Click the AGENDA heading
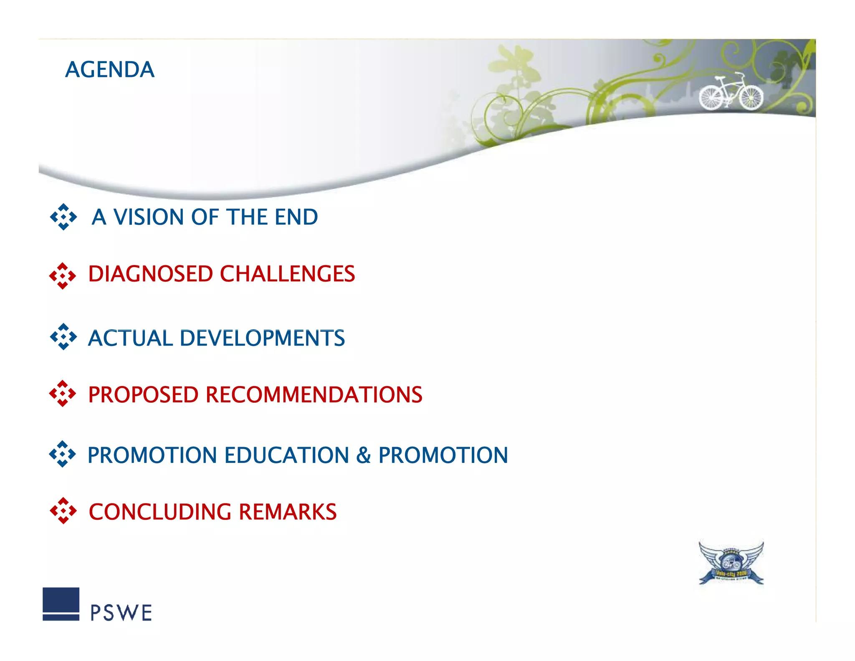pos(110,69)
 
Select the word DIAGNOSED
pos(150,274)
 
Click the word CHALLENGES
pos(287,274)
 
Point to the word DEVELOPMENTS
pos(262,338)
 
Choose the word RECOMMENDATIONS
pos(314,395)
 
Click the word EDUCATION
pos(287,455)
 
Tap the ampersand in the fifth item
pos(363,455)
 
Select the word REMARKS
pos(288,512)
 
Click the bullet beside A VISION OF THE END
pos(63,217)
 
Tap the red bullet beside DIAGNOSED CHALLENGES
pos(63,276)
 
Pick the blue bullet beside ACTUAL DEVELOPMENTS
pos(63,336)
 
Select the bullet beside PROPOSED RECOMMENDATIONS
pos(63,393)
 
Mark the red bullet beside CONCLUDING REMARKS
pos(63,510)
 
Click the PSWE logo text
pos(121,613)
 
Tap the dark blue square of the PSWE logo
pos(61,600)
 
